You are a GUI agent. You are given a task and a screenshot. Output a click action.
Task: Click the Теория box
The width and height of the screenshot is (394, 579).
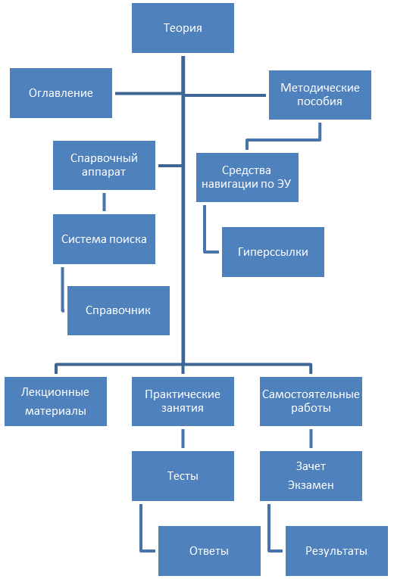click(183, 28)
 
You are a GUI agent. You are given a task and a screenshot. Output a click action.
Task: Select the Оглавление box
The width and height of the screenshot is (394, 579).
click(61, 93)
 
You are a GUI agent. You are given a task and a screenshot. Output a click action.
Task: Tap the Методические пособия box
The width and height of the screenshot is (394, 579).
click(320, 95)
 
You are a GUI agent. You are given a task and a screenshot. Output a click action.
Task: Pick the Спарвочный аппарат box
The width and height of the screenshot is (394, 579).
click(104, 165)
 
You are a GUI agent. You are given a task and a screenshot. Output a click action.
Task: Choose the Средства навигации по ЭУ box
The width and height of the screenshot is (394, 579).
click(247, 177)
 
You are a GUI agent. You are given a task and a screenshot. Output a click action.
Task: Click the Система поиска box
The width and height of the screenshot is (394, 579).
click(104, 239)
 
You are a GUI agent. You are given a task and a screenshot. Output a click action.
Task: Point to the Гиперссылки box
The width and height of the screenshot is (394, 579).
click(273, 252)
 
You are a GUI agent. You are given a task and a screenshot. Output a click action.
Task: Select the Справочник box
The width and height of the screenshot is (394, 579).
click(118, 310)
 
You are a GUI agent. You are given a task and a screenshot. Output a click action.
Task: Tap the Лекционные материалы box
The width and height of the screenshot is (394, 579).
click(55, 401)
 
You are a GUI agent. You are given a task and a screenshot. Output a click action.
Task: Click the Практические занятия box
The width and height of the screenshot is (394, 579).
click(183, 401)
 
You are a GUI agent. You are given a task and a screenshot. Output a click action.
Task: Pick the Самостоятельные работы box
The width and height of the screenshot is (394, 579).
click(311, 401)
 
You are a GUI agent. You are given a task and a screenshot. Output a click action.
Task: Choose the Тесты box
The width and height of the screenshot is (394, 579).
click(183, 476)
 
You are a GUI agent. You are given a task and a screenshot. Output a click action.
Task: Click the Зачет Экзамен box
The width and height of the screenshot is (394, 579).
click(311, 476)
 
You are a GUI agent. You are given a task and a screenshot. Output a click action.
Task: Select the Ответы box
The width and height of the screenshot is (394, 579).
click(209, 551)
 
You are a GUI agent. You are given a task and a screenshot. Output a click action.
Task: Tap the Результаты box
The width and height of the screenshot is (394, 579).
click(336, 551)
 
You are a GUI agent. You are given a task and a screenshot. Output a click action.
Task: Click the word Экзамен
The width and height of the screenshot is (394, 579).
click(311, 485)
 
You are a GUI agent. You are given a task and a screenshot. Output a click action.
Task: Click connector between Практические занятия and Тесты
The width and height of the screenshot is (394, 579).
click(183, 439)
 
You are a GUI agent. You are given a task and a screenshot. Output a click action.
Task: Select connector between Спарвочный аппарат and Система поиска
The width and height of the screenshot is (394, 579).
click(105, 202)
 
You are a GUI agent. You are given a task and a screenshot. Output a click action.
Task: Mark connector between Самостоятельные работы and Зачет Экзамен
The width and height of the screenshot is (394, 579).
click(311, 439)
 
